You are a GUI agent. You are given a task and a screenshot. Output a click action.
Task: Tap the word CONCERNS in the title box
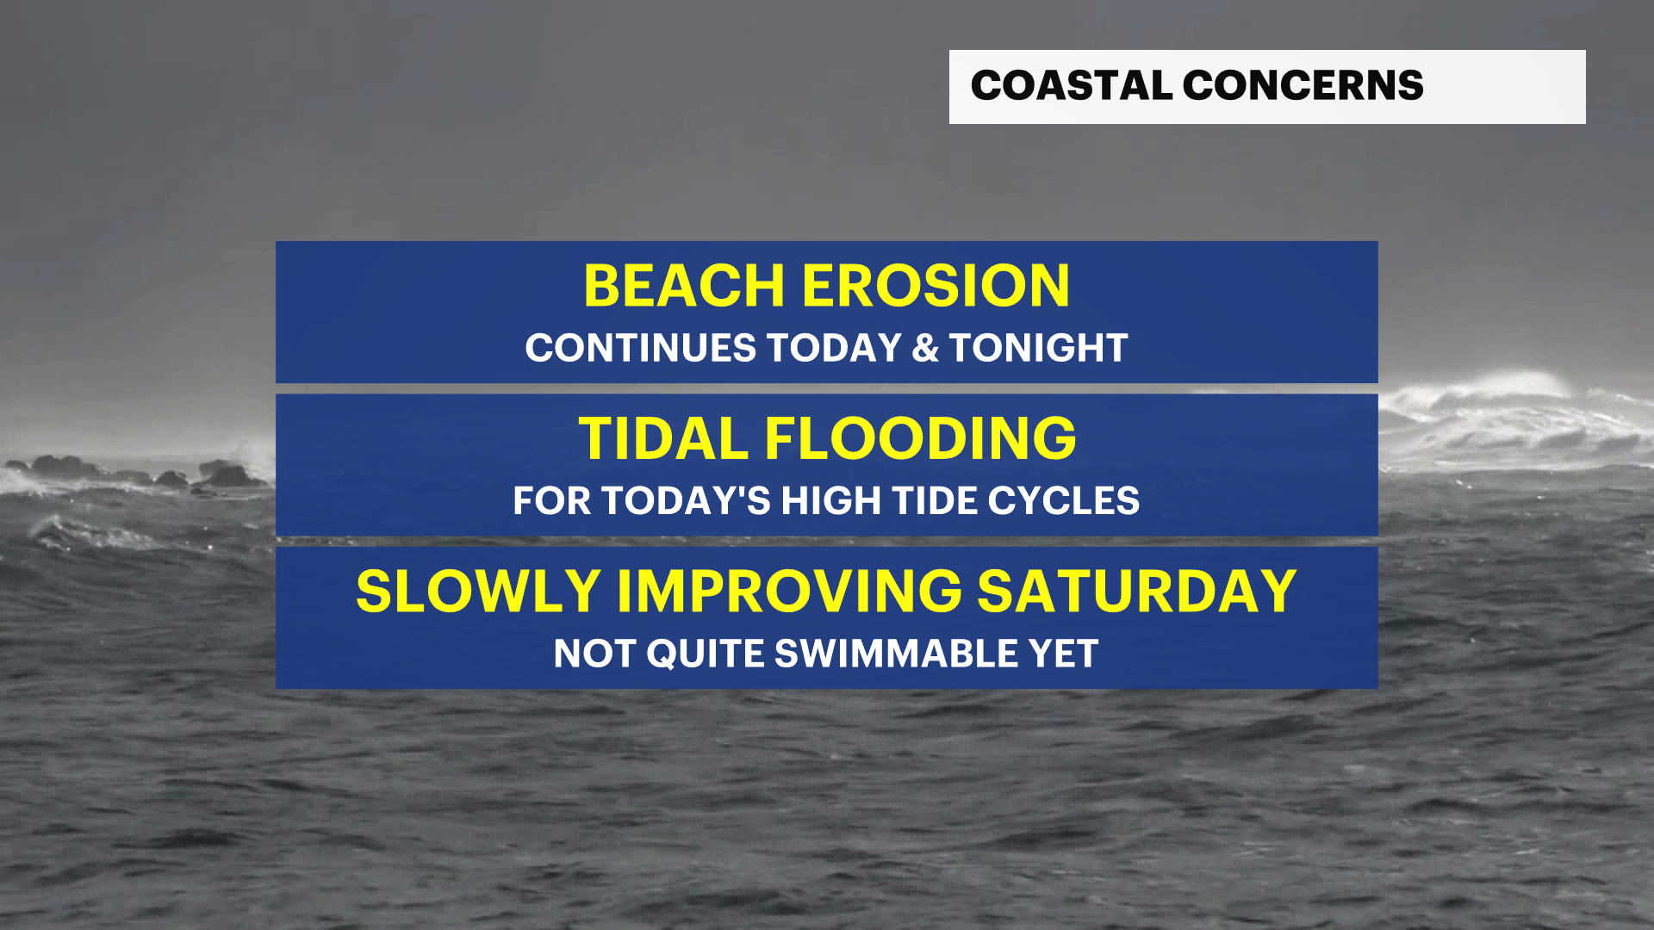1303,85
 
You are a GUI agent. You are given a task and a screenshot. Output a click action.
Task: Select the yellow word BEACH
685,286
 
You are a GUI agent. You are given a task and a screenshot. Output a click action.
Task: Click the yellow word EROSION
936,286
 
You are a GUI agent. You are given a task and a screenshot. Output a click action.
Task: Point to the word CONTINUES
641,348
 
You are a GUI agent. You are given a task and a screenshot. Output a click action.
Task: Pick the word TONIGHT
1038,348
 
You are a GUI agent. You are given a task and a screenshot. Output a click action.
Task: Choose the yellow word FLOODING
921,438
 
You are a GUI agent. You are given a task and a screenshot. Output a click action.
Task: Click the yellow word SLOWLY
478,592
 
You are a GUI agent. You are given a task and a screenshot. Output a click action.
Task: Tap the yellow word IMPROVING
789,592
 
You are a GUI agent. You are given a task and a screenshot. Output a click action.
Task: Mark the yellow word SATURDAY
1137,592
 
